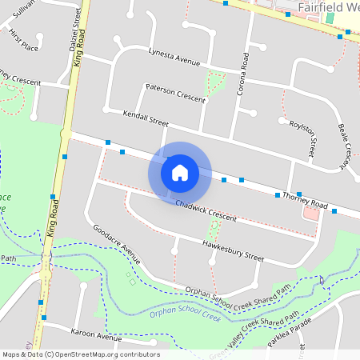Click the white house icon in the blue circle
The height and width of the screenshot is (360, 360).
pyautogui.click(x=180, y=172)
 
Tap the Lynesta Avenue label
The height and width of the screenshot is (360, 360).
pyautogui.click(x=174, y=56)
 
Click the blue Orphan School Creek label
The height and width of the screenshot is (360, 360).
pyautogui.click(x=185, y=316)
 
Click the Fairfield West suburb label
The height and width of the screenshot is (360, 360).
pyautogui.click(x=327, y=8)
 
